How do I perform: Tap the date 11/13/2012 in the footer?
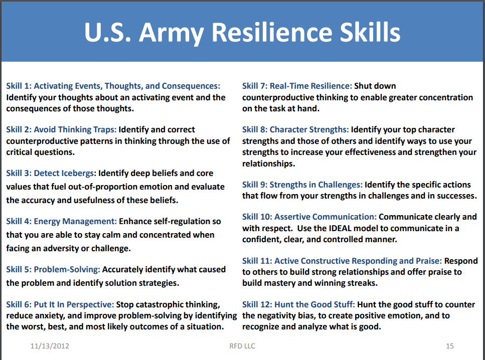click(x=50, y=346)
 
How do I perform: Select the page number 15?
click(x=449, y=346)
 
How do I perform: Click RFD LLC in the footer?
click(x=242, y=346)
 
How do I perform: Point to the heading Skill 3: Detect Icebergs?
click(x=51, y=173)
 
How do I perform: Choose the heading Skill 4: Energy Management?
click(x=62, y=221)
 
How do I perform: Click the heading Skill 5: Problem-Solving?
click(x=53, y=269)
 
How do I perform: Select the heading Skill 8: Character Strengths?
click(x=295, y=130)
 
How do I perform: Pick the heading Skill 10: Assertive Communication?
click(x=309, y=217)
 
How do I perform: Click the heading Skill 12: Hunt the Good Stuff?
click(x=298, y=304)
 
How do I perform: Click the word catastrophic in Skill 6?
click(x=164, y=304)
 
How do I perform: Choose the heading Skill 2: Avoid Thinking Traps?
click(x=62, y=130)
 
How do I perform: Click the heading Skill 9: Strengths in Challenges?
click(x=302, y=185)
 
